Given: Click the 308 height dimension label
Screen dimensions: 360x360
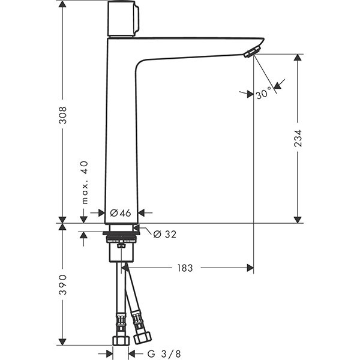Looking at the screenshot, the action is pos(62,115).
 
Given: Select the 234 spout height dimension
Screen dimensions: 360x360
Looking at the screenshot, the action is pos(298,138).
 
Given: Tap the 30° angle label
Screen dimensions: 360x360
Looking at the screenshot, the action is pos(263,94).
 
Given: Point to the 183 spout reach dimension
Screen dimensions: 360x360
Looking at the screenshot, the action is pos(185,268).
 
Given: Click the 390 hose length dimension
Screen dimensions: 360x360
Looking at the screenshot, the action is pos(62,284).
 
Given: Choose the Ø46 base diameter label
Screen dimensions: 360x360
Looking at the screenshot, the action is pos(121,213).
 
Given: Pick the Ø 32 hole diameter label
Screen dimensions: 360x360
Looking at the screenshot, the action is pos(165,235).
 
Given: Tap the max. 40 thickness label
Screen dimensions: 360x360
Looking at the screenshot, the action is pos(85,182).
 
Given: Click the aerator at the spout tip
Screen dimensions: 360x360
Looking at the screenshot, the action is pos(251,52).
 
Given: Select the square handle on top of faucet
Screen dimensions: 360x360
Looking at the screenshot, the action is pos(123,19).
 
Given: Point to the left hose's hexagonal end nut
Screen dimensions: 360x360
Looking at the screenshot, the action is pos(121,341).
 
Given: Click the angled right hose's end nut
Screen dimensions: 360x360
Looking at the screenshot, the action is pos(142,338).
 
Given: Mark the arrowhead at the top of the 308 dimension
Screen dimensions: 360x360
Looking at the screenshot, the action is pos(62,4).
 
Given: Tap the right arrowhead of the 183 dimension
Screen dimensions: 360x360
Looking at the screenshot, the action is pos(250,268).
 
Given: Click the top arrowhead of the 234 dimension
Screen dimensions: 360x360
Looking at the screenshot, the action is pos(298,58).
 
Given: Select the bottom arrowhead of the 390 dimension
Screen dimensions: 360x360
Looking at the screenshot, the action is pos(62,341).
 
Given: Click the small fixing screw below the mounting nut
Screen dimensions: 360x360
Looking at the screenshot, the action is pos(121,245).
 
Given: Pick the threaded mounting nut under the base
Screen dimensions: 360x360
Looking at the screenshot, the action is pos(121,237).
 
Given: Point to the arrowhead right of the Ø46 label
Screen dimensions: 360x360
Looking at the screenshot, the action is pos(142,213).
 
